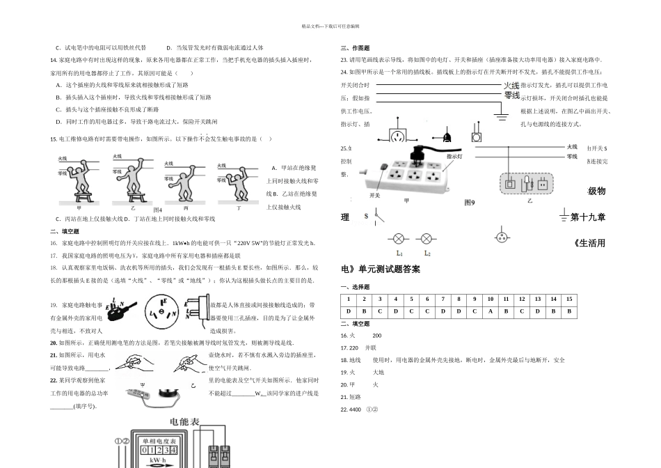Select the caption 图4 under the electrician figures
click(x=157, y=210)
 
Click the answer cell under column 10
click(x=490, y=311)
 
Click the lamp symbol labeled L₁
click(x=399, y=237)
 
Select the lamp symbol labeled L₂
click(x=427, y=237)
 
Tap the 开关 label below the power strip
click(x=375, y=196)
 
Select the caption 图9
click(x=470, y=203)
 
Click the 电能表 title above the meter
click(x=184, y=422)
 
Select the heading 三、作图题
click(x=355, y=48)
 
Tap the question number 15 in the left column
click(x=53, y=139)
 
